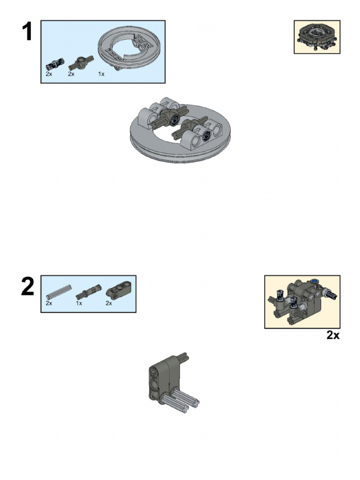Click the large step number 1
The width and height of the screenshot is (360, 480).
click(x=27, y=32)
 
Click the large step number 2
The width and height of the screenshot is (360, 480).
click(x=28, y=287)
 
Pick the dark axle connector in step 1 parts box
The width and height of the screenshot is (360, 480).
click(x=81, y=62)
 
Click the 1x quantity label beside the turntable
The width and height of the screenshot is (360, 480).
click(x=102, y=74)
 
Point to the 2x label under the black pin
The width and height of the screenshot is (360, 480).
click(x=49, y=74)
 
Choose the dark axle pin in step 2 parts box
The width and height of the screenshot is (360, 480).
click(x=88, y=293)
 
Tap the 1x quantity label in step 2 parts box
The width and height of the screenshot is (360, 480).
click(x=79, y=303)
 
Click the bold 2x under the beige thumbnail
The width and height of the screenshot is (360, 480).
click(x=332, y=336)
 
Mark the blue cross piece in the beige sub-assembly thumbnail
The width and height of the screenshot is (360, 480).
click(x=314, y=282)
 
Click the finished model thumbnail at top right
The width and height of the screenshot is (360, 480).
click(x=317, y=37)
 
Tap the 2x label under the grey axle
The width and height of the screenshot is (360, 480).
click(x=49, y=303)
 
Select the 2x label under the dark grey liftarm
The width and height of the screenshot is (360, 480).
click(x=109, y=303)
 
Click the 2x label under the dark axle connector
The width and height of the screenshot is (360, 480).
click(x=71, y=74)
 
